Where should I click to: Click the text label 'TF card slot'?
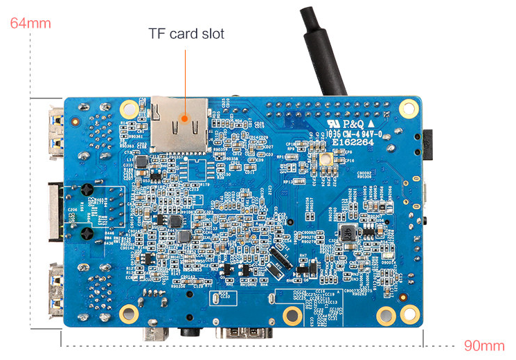(186, 33)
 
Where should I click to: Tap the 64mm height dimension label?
(30, 23)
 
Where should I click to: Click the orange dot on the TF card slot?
(184, 119)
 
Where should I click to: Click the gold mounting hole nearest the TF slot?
(130, 109)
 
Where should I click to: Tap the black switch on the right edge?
(427, 143)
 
